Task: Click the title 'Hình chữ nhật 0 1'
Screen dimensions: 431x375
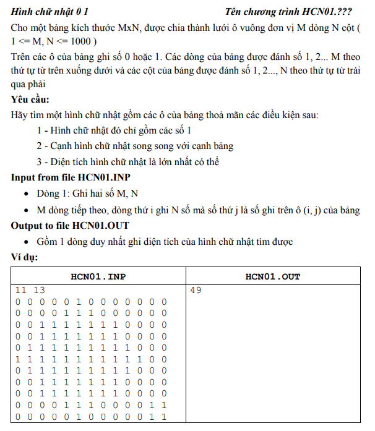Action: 50,11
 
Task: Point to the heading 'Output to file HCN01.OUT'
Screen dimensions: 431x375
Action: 70,226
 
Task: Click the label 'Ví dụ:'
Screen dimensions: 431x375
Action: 24,257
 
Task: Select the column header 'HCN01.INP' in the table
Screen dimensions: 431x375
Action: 99,276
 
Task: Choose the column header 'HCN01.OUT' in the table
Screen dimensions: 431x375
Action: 273,276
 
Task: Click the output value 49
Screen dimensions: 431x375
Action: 196,289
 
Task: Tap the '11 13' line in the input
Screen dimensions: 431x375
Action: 30,289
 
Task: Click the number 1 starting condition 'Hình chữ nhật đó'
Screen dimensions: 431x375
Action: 40,130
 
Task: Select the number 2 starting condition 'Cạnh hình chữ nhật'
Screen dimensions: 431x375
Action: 40,146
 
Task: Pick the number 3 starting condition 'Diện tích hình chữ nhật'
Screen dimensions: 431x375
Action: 40,162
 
